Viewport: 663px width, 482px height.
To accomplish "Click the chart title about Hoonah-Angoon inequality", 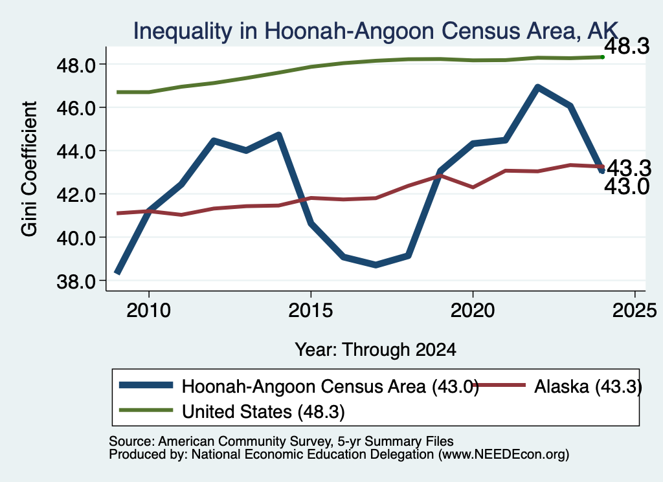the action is coord(376,31).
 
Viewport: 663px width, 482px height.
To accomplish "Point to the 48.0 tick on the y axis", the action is coord(77,65).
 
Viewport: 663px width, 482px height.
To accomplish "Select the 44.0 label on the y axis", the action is coord(77,151).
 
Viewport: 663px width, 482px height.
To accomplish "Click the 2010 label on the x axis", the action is coord(148,311).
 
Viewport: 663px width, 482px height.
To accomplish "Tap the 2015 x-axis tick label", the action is coord(311,311).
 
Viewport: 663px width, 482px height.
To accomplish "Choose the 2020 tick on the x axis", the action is coord(473,311).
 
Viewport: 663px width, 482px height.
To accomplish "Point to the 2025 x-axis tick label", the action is coord(635,311).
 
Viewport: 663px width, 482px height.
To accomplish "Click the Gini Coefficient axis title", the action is coord(29,169).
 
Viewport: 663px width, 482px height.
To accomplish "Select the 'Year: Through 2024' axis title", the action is coord(376,350).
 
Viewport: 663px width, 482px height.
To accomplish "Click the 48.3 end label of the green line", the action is coord(627,46).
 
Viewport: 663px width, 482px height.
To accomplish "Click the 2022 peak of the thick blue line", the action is coord(537,87).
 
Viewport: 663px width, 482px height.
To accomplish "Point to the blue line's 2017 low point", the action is coord(376,265).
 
